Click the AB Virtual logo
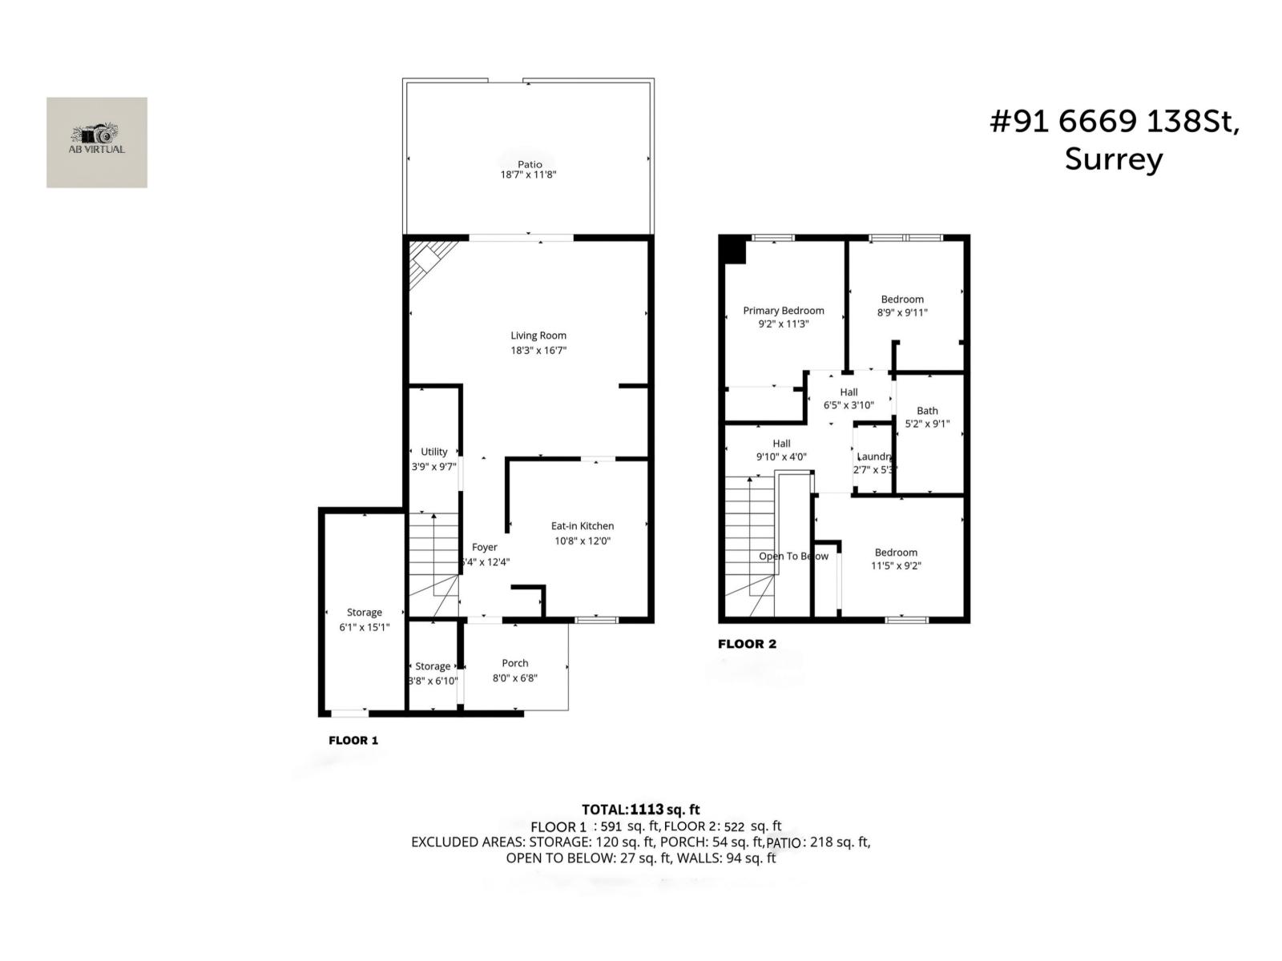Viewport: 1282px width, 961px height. (96, 142)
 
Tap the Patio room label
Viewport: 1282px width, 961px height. (529, 164)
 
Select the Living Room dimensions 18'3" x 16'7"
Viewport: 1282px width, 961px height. (538, 350)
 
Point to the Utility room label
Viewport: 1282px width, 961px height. (434, 452)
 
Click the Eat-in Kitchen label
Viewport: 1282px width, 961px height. (583, 526)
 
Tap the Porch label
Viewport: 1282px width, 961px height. (515, 663)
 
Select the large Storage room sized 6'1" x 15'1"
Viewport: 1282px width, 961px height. (364, 619)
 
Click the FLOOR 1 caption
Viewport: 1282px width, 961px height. (353, 741)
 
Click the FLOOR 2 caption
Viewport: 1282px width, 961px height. (747, 644)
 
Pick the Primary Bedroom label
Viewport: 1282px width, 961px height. (783, 311)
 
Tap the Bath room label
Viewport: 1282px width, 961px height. (927, 411)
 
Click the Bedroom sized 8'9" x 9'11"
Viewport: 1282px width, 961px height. (902, 306)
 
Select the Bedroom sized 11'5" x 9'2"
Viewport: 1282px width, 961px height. (896, 559)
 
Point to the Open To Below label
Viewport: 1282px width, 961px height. (793, 556)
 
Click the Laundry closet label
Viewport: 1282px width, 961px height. (873, 456)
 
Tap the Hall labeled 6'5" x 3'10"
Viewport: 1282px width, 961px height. (849, 398)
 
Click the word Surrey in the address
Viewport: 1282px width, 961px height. (1113, 159)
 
